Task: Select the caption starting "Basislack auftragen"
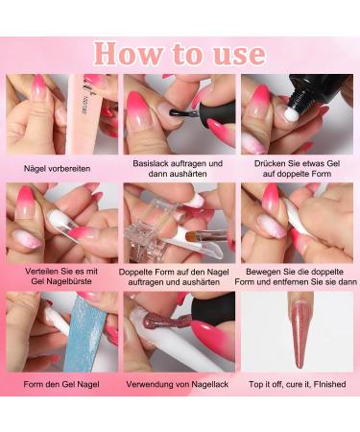coord(179,170)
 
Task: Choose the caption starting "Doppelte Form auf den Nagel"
coord(179,278)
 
